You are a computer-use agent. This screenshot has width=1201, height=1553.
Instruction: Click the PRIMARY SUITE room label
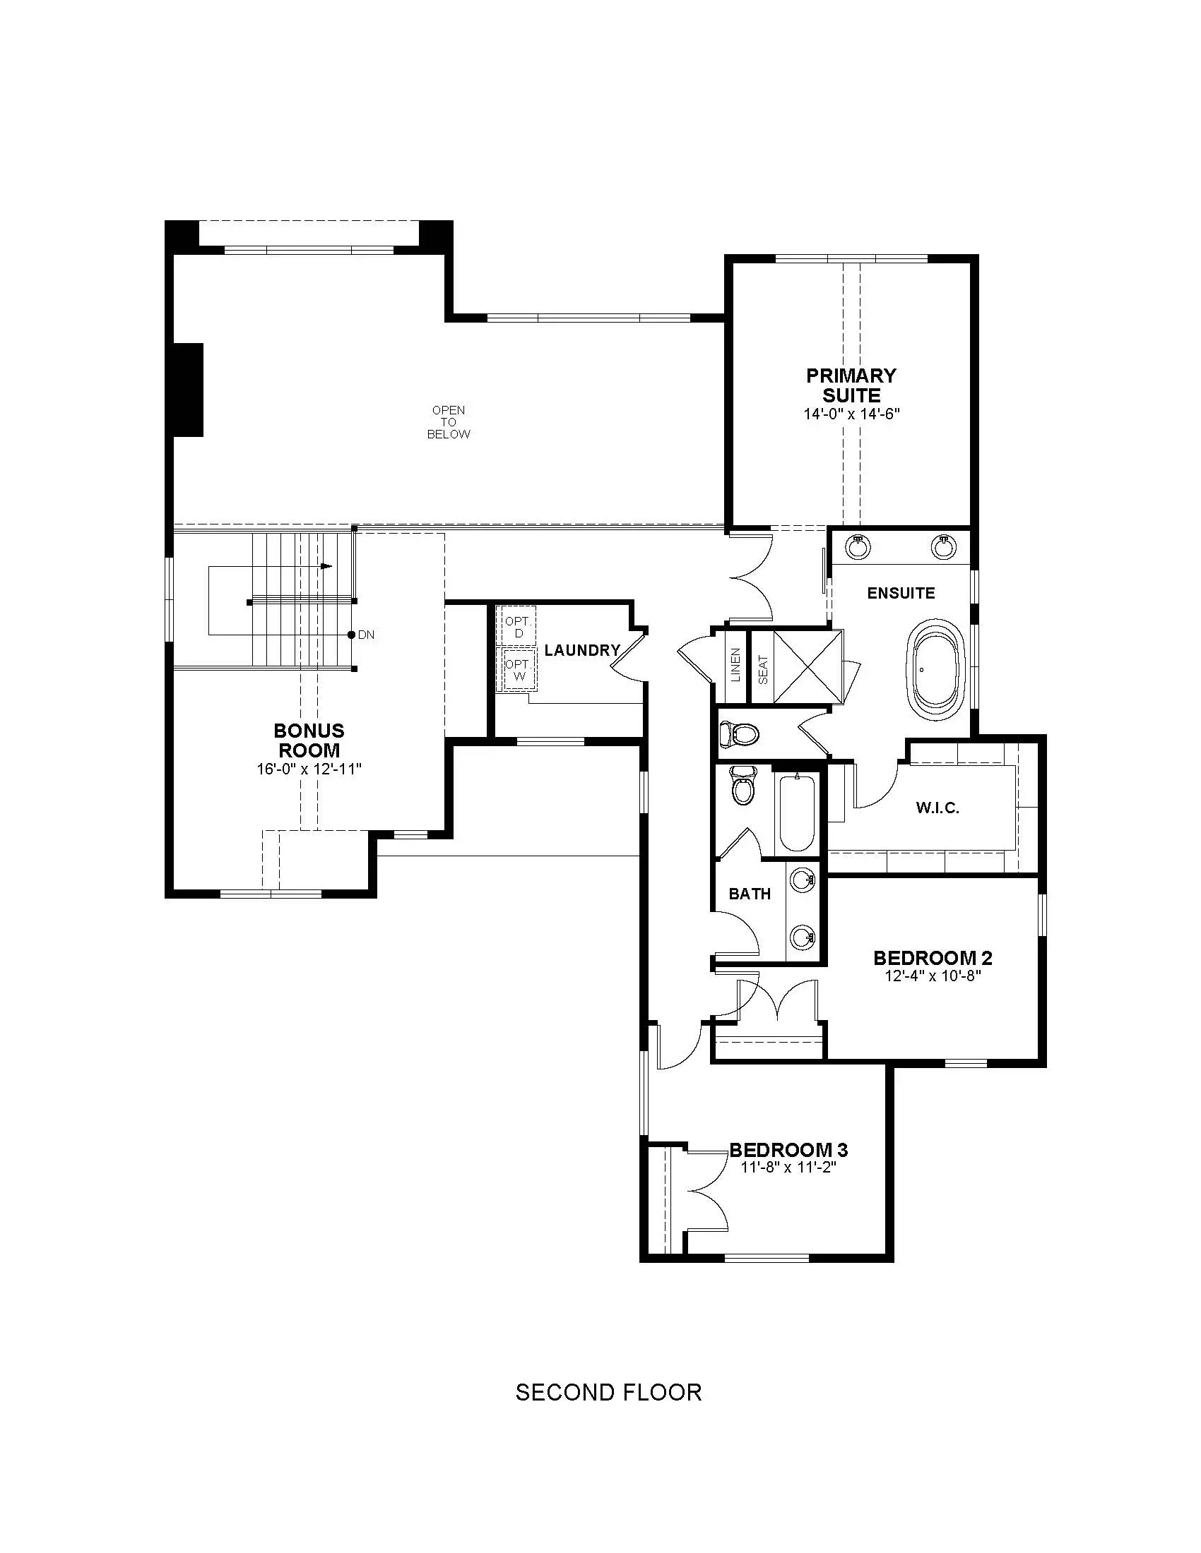click(851, 385)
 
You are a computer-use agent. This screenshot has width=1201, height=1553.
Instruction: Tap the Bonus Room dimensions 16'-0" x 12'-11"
click(309, 769)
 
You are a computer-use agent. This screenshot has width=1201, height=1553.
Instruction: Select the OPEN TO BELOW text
click(448, 421)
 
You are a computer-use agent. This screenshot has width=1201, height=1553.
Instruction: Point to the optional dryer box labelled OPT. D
click(519, 626)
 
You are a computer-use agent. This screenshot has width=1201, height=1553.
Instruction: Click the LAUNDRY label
click(582, 649)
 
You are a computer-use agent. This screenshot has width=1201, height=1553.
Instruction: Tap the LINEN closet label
click(735, 665)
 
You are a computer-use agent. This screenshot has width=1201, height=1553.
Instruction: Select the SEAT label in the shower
click(763, 669)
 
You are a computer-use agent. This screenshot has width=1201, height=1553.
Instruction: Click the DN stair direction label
click(366, 635)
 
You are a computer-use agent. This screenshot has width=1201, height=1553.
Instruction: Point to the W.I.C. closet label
click(937, 807)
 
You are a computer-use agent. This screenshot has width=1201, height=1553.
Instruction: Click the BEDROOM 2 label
click(933, 957)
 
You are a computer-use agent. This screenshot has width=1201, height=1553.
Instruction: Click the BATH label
click(750, 894)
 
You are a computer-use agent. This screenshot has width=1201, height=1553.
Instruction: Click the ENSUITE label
click(901, 592)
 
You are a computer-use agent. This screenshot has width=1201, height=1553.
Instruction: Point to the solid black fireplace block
click(189, 390)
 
